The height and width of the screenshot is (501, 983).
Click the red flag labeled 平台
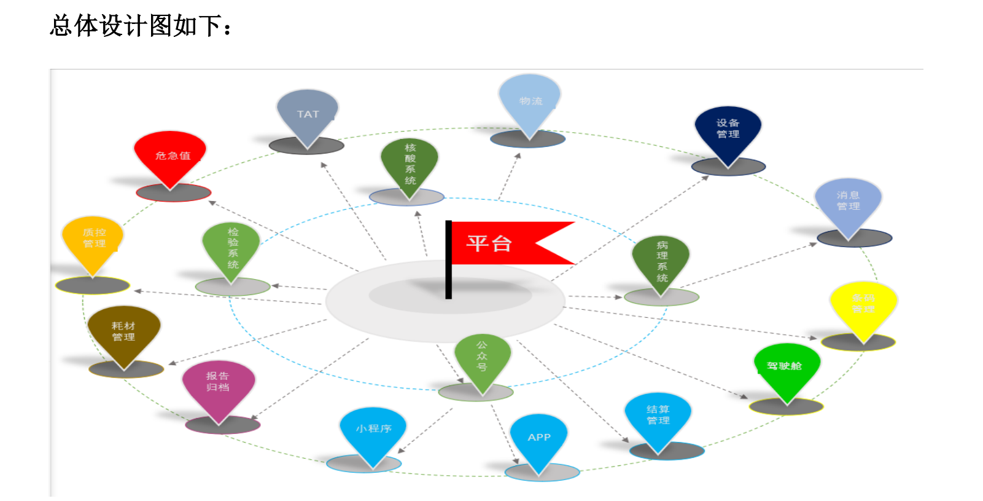(x=503, y=243)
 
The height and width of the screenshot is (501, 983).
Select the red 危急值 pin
(x=170, y=156)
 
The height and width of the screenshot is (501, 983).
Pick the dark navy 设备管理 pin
(x=728, y=130)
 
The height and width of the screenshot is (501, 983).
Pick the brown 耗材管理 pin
(x=124, y=332)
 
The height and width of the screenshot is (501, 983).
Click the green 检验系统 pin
(x=231, y=248)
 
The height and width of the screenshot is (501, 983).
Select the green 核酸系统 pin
(x=410, y=164)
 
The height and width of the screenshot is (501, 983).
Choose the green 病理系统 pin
(x=661, y=261)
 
